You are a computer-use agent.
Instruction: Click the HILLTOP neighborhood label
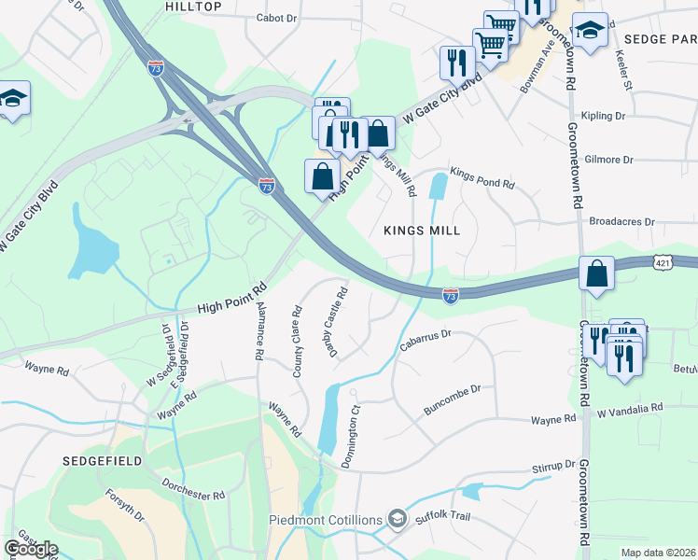pos(193,7)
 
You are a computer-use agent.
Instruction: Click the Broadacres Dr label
pos(622,222)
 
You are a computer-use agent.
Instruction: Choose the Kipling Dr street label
pos(602,116)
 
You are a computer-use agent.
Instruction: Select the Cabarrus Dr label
pos(426,333)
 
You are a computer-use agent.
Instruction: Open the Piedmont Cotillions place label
pos(326,519)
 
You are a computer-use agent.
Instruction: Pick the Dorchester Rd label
pos(193,489)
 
